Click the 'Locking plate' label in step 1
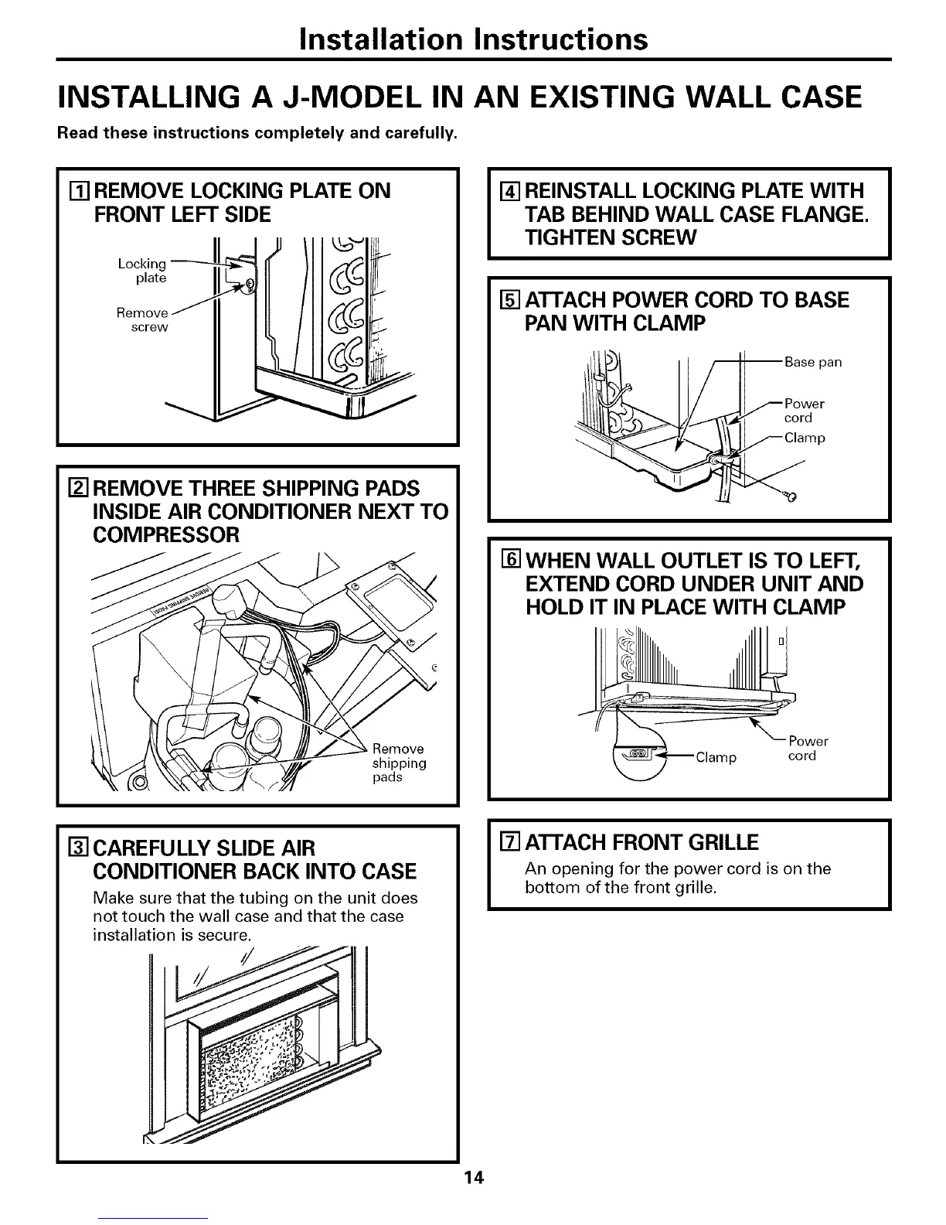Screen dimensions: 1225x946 click(142, 271)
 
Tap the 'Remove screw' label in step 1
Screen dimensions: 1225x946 click(142, 319)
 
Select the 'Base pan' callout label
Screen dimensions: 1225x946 click(812, 362)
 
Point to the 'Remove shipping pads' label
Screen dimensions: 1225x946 click(399, 763)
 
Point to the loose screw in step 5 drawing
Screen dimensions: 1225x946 click(788, 496)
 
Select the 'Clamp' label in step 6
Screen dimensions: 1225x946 click(716, 757)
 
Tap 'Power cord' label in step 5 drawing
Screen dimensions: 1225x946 click(804, 411)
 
